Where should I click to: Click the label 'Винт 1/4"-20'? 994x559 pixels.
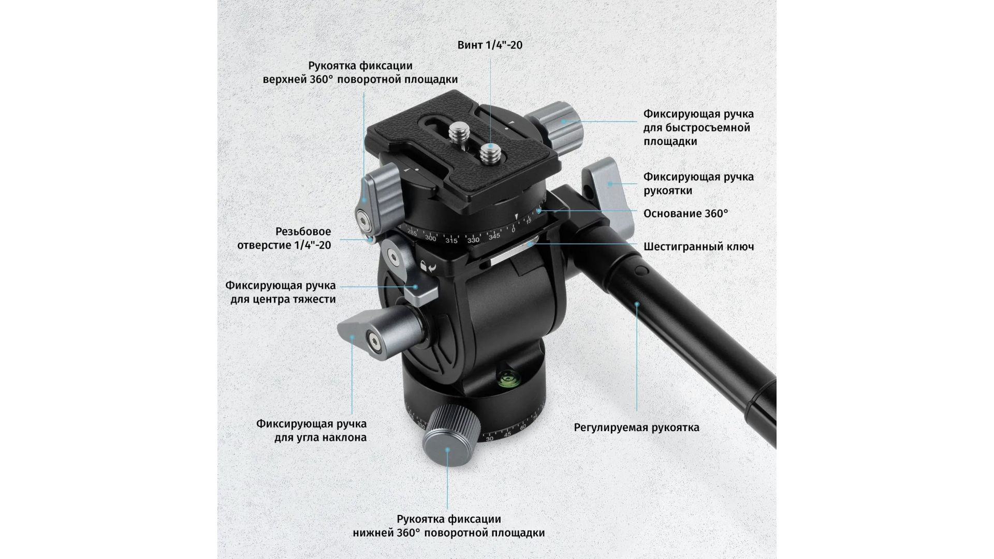click(490, 45)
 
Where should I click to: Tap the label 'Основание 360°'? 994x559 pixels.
click(685, 213)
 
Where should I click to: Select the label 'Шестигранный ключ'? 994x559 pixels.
click(698, 246)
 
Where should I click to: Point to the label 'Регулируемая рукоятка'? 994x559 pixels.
click(636, 428)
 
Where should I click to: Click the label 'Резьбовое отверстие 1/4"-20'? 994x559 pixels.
click(284, 238)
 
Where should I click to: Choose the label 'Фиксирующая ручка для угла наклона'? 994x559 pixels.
click(312, 431)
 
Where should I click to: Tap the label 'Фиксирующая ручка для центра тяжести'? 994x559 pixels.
click(281, 292)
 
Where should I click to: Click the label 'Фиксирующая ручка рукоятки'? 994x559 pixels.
click(698, 184)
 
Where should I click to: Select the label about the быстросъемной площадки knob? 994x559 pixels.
click(698, 127)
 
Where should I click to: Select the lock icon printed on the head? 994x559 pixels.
click(424, 266)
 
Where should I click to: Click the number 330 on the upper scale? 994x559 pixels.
click(473, 240)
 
